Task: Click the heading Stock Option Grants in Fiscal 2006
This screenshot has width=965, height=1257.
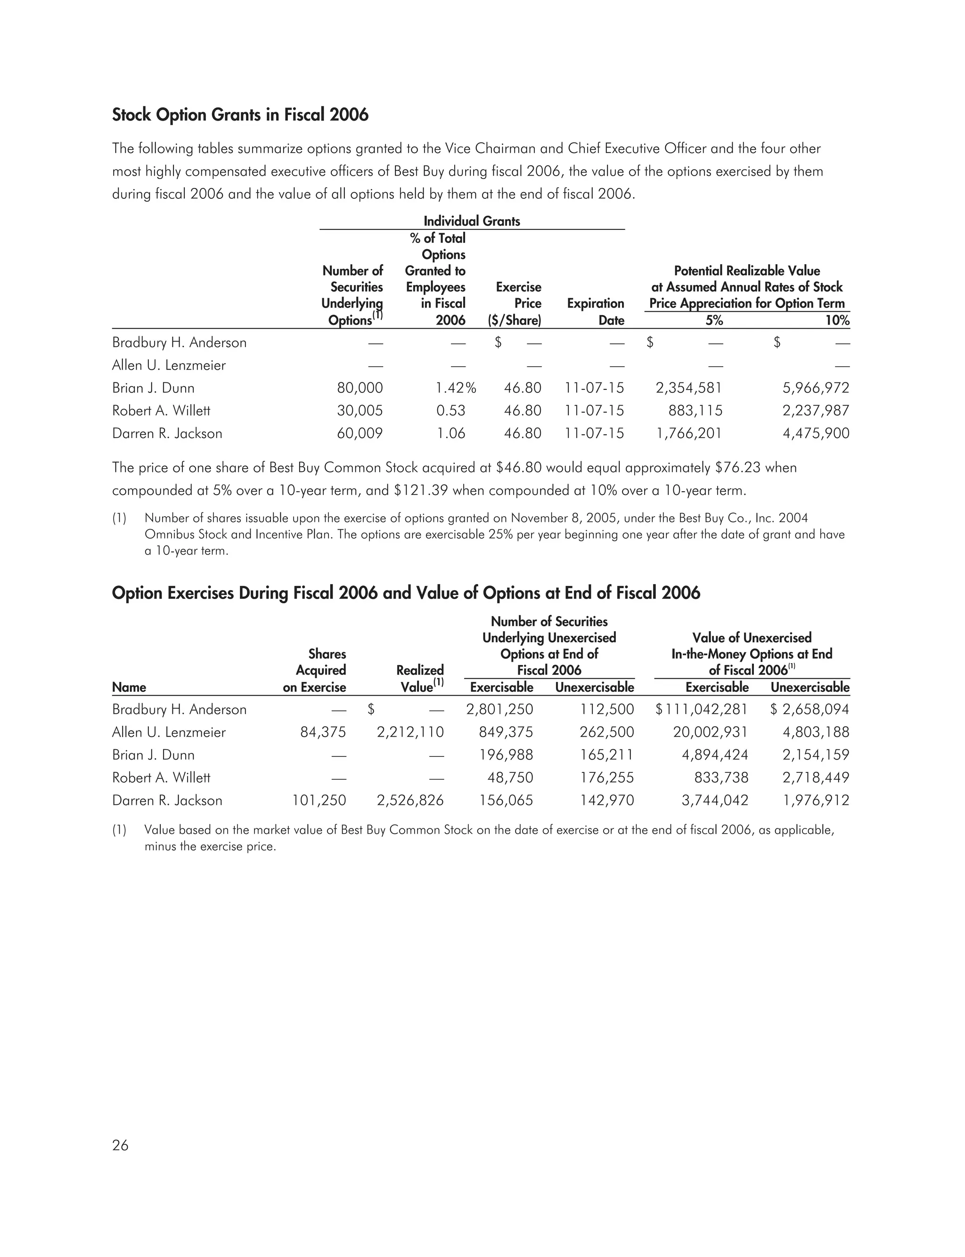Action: pyautogui.click(x=240, y=115)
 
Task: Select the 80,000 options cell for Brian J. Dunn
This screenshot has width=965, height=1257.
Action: pyautogui.click(x=360, y=388)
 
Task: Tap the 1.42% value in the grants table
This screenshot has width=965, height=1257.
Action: pyautogui.click(x=456, y=388)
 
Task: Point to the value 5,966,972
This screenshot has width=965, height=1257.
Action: pyautogui.click(x=816, y=388)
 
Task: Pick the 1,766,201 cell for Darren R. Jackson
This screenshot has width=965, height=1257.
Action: pyautogui.click(x=689, y=433)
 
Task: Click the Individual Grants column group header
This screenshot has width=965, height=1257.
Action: pyautogui.click(x=472, y=221)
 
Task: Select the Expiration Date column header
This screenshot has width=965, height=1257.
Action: pyautogui.click(x=595, y=312)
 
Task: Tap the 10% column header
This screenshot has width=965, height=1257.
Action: pyautogui.click(x=837, y=320)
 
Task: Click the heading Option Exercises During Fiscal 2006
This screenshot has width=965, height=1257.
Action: pyautogui.click(x=406, y=593)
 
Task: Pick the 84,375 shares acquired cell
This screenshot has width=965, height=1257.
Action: pyautogui.click(x=323, y=732)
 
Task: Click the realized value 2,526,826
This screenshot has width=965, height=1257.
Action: pyautogui.click(x=410, y=800)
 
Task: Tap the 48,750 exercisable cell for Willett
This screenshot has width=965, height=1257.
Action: pyautogui.click(x=510, y=778)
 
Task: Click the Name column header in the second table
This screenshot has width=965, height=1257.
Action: pyautogui.click(x=129, y=687)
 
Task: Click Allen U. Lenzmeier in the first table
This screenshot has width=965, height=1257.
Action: pyautogui.click(x=169, y=365)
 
